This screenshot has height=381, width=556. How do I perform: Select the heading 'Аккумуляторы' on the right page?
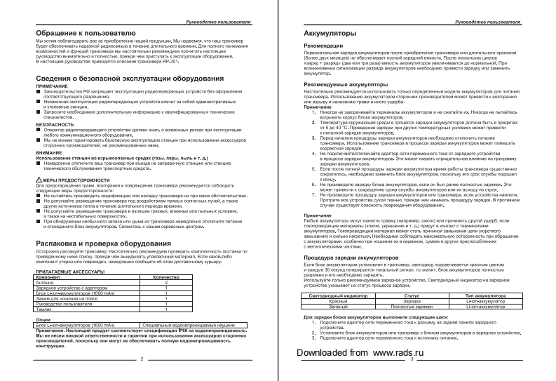[327, 34]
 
